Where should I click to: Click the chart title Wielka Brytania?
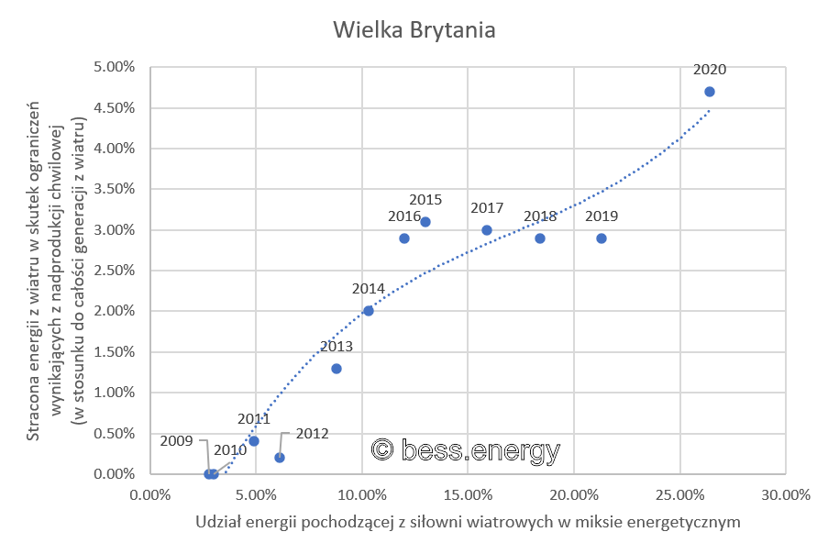pyautogui.click(x=414, y=29)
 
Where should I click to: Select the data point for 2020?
pyautogui.click(x=709, y=92)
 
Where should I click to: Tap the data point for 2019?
pyautogui.click(x=602, y=238)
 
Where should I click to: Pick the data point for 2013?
pyautogui.click(x=337, y=369)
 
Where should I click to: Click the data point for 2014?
pyautogui.click(x=369, y=311)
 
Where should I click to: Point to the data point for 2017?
pyautogui.click(x=487, y=230)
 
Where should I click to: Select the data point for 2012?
pyautogui.click(x=280, y=458)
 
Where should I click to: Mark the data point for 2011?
pyautogui.click(x=254, y=441)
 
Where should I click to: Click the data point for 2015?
pyautogui.click(x=425, y=222)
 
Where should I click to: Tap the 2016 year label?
pyautogui.click(x=403, y=217)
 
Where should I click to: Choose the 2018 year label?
pyautogui.click(x=540, y=216)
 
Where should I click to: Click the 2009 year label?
pyautogui.click(x=176, y=440)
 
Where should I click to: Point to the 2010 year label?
pyautogui.click(x=230, y=450)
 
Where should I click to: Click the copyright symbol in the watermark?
pyautogui.click(x=383, y=450)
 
